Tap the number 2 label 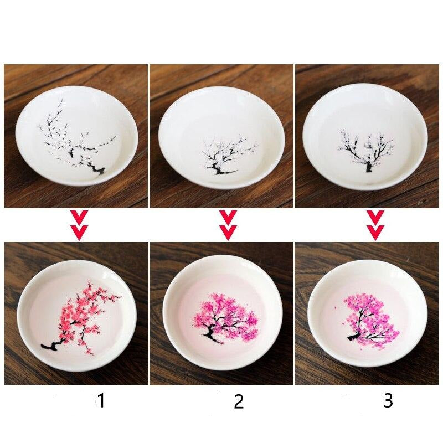pyautogui.click(x=239, y=401)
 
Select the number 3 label pyautogui.click(x=388, y=400)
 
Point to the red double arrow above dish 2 pyautogui.click(x=228, y=225)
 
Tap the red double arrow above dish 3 pyautogui.click(x=376, y=225)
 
